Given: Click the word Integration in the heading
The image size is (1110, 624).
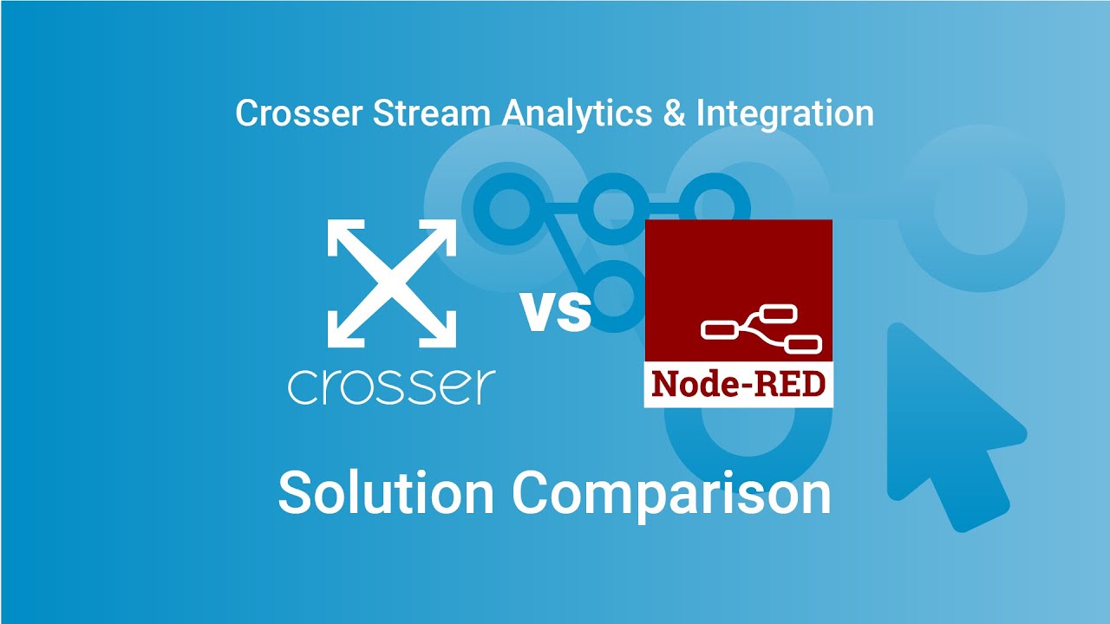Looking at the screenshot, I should [x=785, y=114].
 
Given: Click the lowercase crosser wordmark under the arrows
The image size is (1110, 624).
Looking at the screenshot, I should [x=392, y=387].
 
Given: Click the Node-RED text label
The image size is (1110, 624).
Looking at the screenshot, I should [x=738, y=383].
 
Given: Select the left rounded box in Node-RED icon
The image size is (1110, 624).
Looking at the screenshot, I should [x=719, y=329].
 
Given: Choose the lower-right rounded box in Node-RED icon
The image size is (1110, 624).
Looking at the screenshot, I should [x=803, y=345].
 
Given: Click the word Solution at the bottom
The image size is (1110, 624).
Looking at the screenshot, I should [x=385, y=492].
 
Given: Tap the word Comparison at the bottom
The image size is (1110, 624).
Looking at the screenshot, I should [x=670, y=492].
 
